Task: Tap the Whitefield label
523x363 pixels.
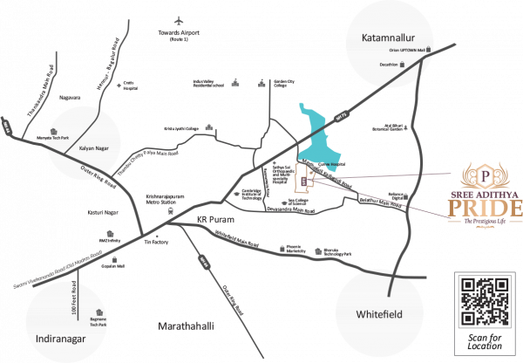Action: (x=379, y=313)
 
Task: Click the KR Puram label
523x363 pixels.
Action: (x=210, y=218)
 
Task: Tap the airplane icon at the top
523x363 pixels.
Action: (x=179, y=19)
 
